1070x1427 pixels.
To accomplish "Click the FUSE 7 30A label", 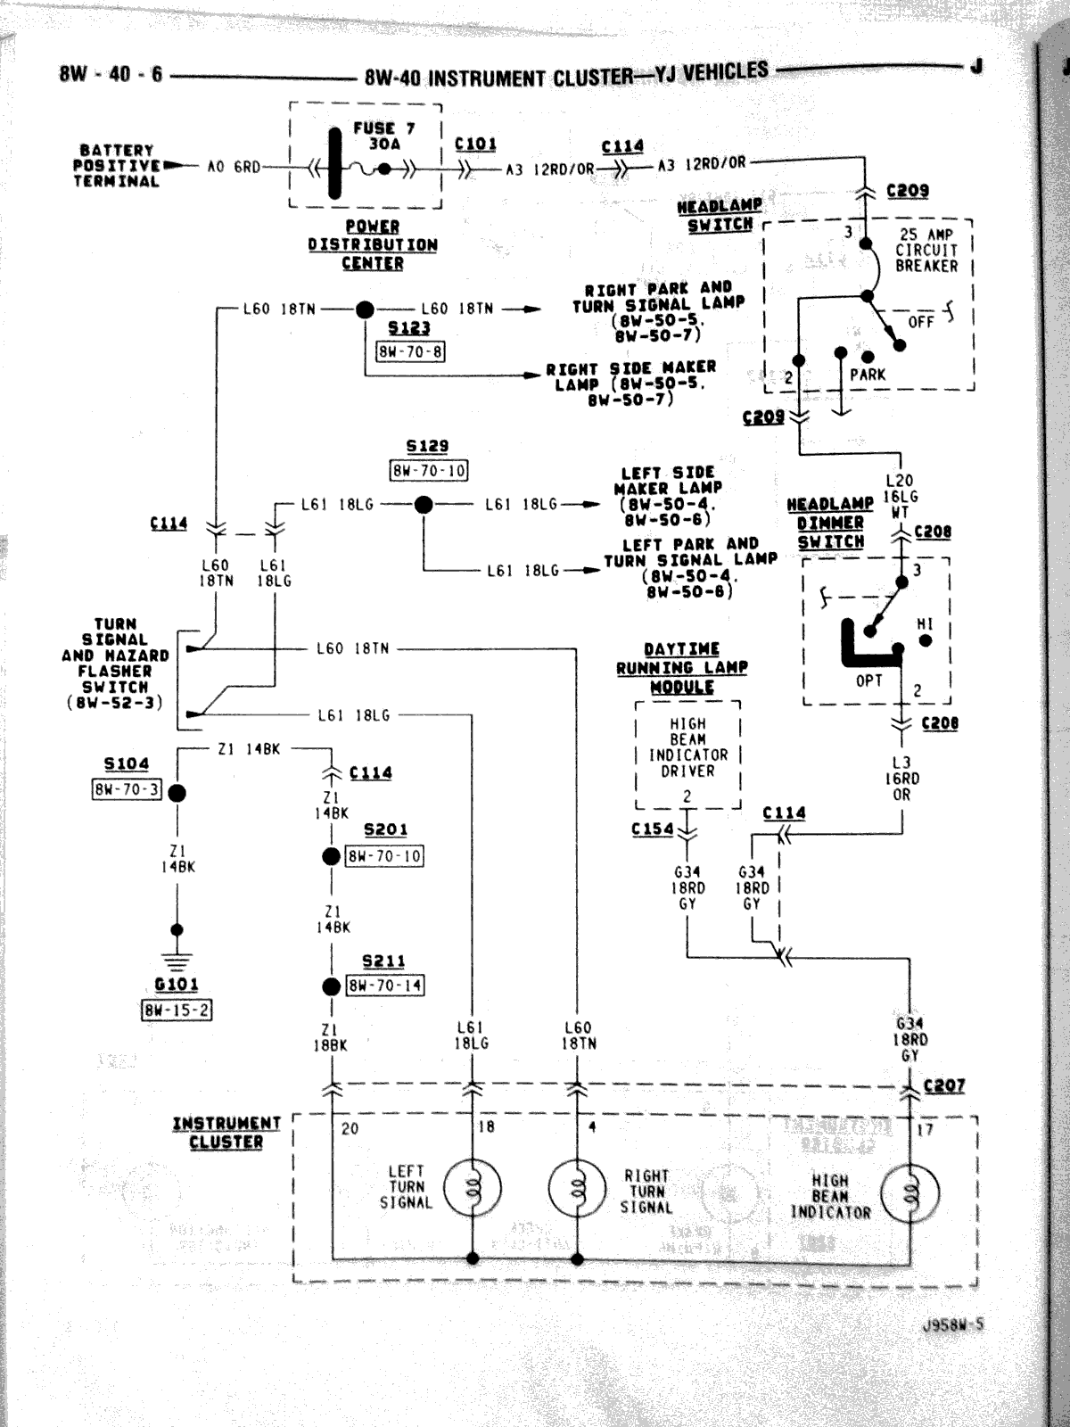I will click(x=384, y=136).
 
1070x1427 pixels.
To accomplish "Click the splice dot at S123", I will click(x=365, y=309).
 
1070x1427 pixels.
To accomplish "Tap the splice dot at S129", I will click(x=424, y=505).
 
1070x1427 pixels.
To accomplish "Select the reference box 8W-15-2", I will click(x=177, y=1010).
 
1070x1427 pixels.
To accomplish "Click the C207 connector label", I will click(x=944, y=1085).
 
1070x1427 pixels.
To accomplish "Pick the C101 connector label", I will click(x=475, y=144).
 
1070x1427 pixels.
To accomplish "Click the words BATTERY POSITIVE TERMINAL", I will click(x=116, y=166).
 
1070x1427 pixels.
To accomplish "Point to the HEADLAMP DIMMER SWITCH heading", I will click(x=830, y=524).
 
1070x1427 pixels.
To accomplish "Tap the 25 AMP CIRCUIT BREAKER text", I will click(x=926, y=251).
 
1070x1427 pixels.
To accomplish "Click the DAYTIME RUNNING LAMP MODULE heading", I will click(x=682, y=668).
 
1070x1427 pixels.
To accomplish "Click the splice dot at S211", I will click(x=331, y=986).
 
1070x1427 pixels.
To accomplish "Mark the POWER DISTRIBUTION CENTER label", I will click(x=372, y=245).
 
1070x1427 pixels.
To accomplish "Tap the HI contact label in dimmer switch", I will click(x=925, y=624).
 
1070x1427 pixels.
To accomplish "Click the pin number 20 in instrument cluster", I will click(x=350, y=1128).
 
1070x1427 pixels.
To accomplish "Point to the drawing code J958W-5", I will click(x=953, y=1324).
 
